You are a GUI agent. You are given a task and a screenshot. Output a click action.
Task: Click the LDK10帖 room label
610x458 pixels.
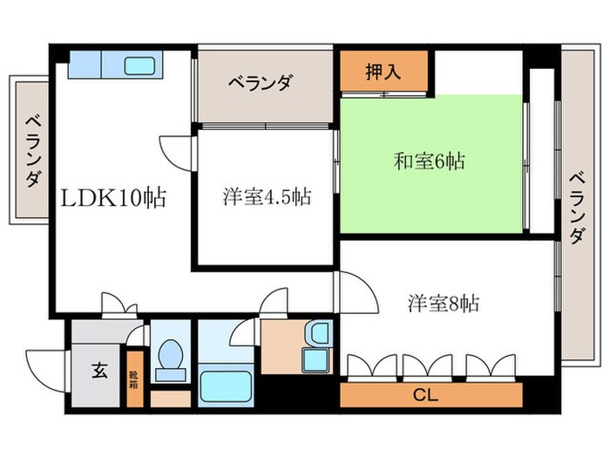click(x=112, y=197)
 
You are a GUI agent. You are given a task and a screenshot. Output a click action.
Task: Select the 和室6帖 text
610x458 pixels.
click(x=429, y=161)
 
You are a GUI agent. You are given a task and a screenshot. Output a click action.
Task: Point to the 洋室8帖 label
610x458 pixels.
click(x=443, y=304)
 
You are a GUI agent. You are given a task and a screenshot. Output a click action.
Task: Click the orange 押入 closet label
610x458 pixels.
click(x=383, y=72)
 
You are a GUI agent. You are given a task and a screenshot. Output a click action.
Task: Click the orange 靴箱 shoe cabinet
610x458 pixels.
click(x=135, y=379)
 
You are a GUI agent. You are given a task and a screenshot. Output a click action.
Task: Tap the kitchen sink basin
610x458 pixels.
click(x=139, y=65)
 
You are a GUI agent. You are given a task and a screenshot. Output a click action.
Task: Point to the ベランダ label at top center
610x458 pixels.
click(x=261, y=85)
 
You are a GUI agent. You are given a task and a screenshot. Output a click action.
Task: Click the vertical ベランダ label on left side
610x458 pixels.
click(x=32, y=150)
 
